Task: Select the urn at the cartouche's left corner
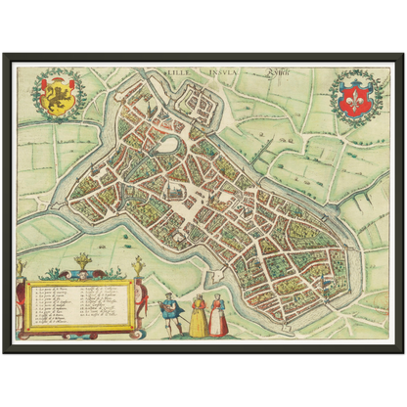click(22, 266)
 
